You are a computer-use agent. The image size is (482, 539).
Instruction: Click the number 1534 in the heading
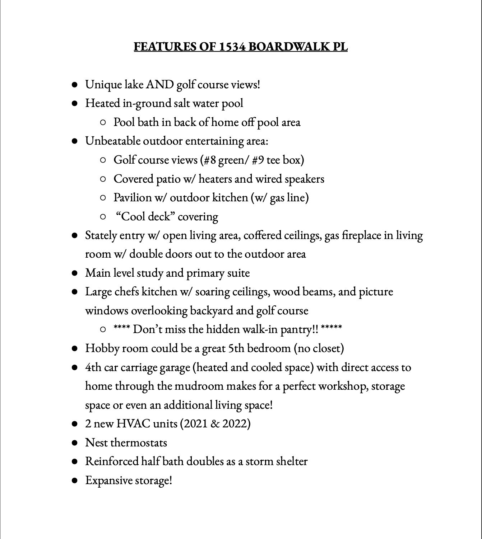coord(232,47)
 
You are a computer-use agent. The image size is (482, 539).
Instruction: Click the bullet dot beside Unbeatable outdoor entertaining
coord(75,141)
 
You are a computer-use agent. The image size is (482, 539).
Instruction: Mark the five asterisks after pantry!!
coord(331,328)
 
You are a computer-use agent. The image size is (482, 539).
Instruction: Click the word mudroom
coord(199,386)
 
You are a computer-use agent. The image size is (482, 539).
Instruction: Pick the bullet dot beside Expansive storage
coord(75,481)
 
